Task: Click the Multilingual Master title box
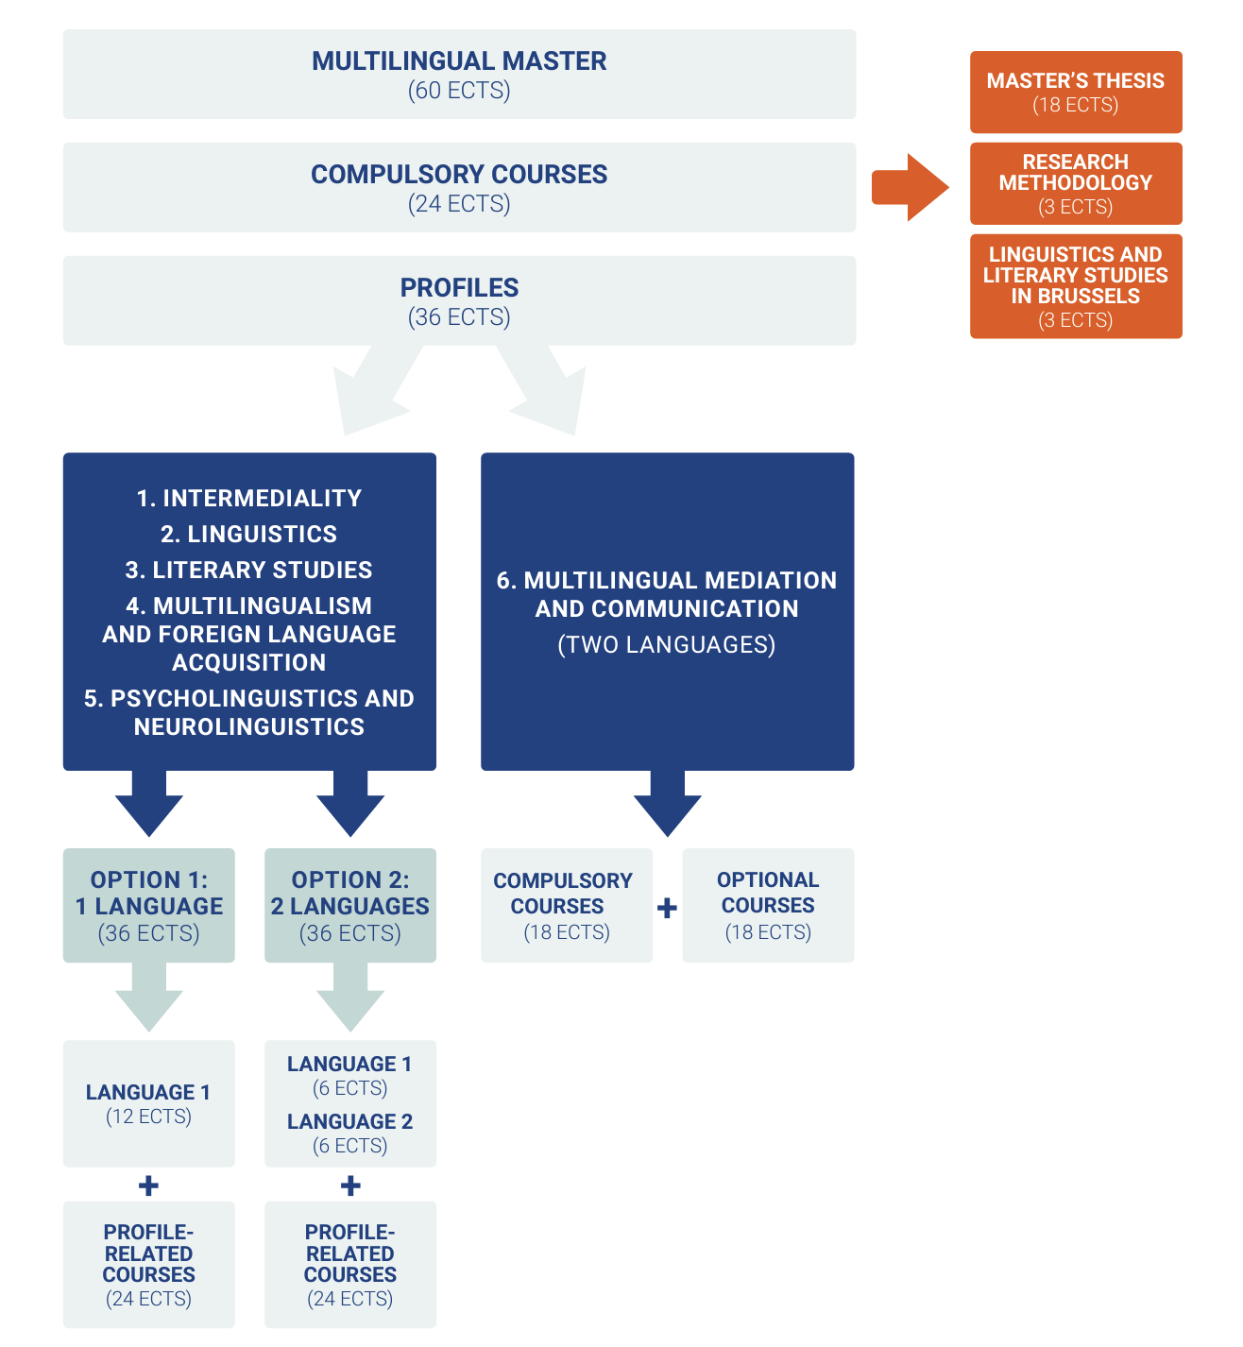459,74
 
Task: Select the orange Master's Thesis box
1075,92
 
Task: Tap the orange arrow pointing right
909,187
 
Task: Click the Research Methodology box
1075,183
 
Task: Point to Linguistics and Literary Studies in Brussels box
1075,286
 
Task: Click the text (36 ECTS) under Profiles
459,317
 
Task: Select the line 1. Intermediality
249,498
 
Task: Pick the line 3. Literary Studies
249,570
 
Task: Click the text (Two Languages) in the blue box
667,644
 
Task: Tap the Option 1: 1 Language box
149,905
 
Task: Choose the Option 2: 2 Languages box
350,905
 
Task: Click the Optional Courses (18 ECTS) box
768,905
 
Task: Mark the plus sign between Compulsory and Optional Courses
667,908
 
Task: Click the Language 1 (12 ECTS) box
149,1103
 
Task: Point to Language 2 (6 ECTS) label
350,1132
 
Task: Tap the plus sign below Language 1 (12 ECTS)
148,1185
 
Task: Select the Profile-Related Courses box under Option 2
350,1264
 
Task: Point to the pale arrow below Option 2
350,999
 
